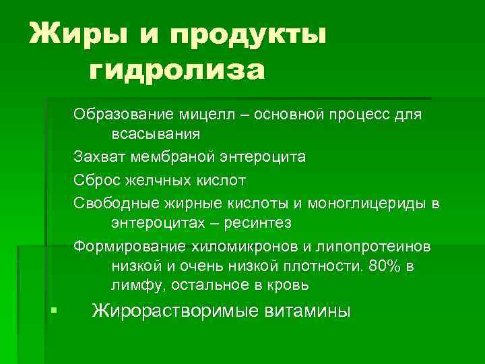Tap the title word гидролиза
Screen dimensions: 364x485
click(176, 69)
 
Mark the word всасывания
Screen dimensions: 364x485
click(156, 133)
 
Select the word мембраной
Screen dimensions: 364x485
click(172, 157)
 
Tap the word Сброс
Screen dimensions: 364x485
click(96, 181)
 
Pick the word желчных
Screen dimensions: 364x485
click(158, 181)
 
